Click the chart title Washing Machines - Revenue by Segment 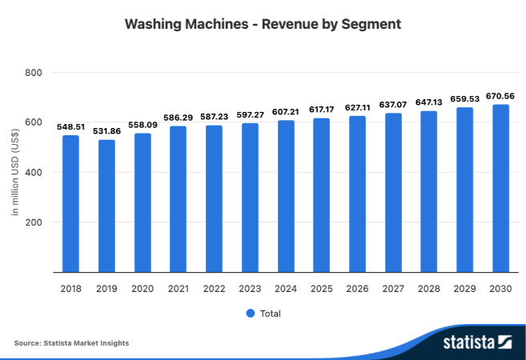(x=263, y=25)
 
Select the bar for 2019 (x=106, y=206)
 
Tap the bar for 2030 (x=500, y=188)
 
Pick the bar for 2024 (x=286, y=196)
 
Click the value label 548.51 (x=70, y=126)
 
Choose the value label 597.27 (x=250, y=114)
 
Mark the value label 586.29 (x=178, y=117)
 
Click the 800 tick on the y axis (x=34, y=73)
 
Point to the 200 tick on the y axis (x=34, y=222)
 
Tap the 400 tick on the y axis (x=34, y=173)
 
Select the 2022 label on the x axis (x=214, y=288)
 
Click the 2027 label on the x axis (x=393, y=288)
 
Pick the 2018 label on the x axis (x=70, y=288)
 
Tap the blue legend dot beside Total (x=250, y=314)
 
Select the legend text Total (x=271, y=314)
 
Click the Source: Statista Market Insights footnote (x=71, y=343)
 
